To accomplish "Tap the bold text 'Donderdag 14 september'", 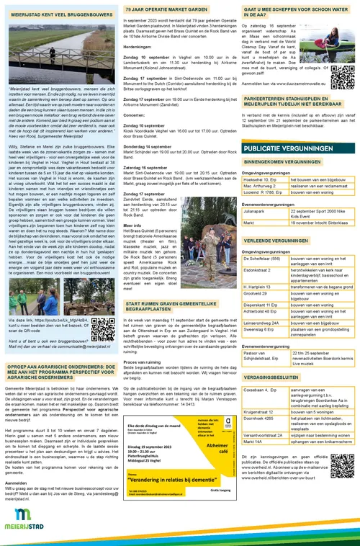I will [x=153, y=146].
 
